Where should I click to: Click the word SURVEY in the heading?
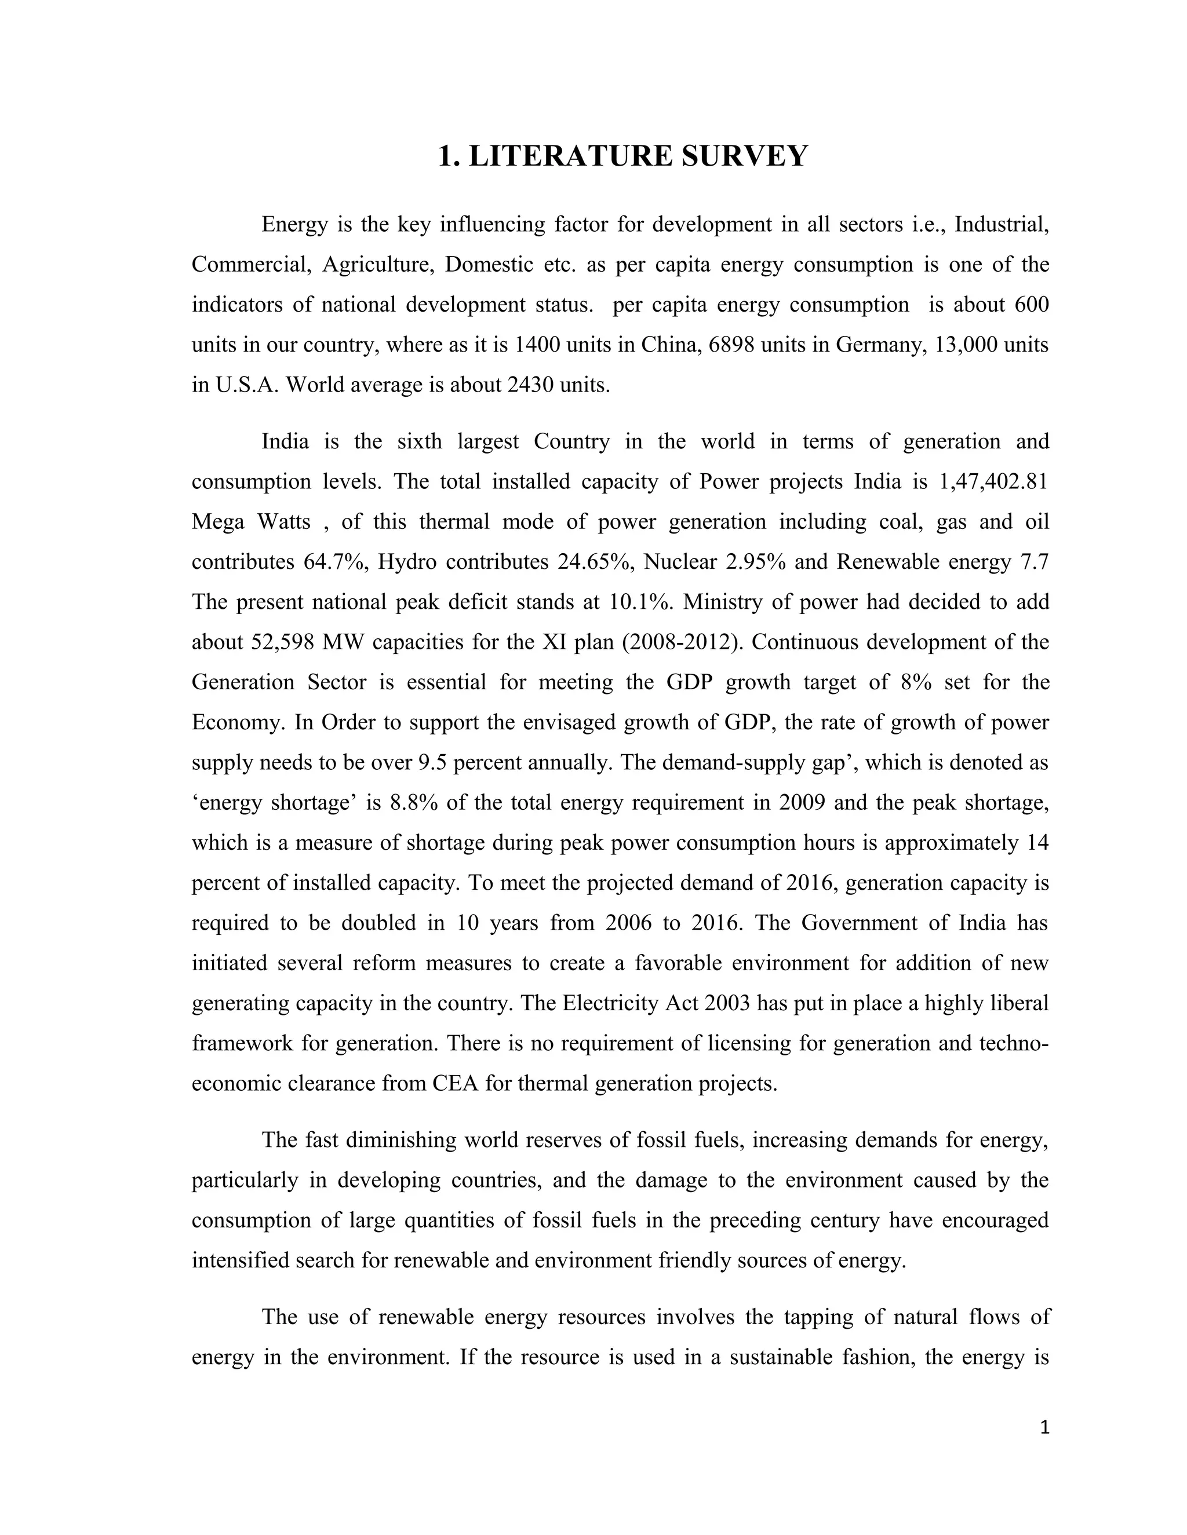pos(745,155)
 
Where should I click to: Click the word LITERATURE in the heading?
pos(570,155)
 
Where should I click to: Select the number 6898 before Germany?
pos(732,345)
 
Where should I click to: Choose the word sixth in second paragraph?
pos(419,441)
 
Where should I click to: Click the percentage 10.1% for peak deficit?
pos(639,602)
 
